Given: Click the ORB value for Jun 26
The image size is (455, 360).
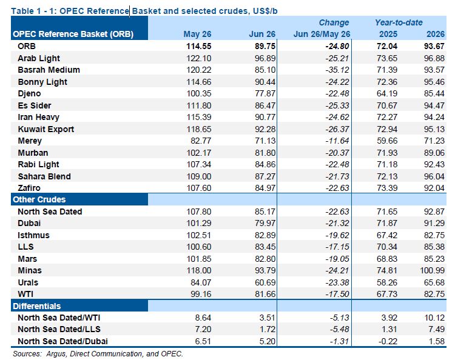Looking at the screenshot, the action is click(265, 47).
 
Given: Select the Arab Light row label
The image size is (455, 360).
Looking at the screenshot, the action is click(39, 58).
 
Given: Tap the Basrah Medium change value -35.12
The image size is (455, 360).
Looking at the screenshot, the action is click(337, 70).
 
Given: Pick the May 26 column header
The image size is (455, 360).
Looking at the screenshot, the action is click(197, 34).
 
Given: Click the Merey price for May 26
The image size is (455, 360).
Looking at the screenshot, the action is click(201, 141).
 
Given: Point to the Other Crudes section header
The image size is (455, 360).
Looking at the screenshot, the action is click(39, 200).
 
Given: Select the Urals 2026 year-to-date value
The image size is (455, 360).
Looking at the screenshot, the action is click(434, 282).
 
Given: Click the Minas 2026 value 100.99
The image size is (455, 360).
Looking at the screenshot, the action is click(432, 271).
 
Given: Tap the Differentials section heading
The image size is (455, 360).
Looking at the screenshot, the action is click(37, 307).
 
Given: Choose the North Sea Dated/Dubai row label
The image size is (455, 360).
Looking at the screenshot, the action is click(62, 341).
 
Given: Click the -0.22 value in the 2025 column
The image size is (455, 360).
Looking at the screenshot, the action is click(388, 341).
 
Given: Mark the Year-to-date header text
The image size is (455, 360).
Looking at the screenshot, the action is click(399, 22).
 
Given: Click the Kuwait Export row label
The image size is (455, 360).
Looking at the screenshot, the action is click(46, 129).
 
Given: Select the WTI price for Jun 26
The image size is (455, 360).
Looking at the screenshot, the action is click(265, 294).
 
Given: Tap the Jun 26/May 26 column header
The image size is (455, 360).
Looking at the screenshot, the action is click(322, 34).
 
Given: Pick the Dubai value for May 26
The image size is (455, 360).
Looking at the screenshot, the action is click(199, 224).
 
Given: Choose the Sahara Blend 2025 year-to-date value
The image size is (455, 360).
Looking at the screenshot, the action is click(387, 176).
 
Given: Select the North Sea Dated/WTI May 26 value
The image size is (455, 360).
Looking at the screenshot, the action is click(203, 318).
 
